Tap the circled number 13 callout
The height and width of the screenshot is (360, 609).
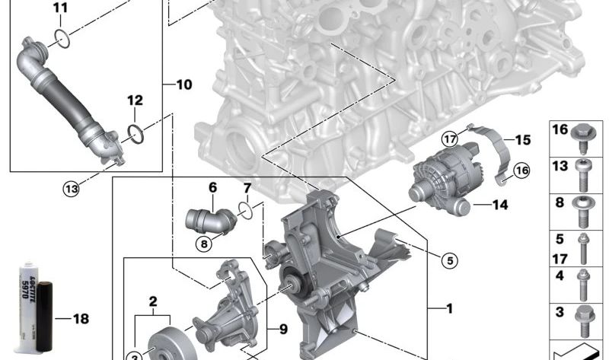click(x=71, y=189)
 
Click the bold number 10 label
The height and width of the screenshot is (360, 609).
click(x=184, y=84)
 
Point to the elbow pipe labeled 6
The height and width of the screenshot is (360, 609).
click(x=211, y=221)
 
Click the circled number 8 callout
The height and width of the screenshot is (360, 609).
click(x=204, y=244)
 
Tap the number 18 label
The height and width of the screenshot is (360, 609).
click(x=81, y=319)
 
